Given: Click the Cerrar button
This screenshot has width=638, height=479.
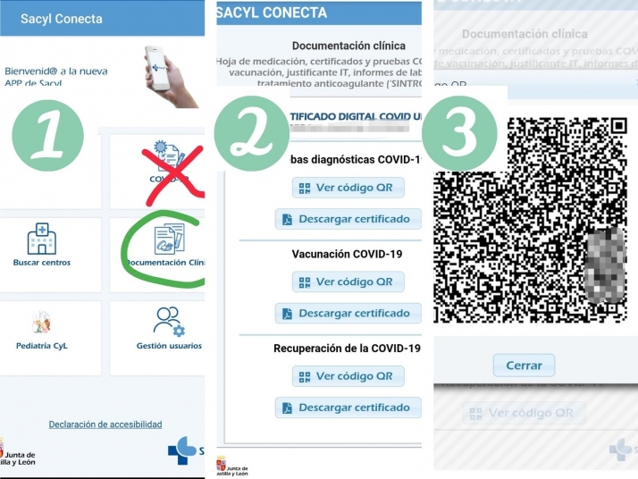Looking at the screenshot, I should tap(524, 366).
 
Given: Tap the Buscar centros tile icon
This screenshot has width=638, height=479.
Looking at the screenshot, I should tap(41, 239).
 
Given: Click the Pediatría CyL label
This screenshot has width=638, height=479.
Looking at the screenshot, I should tap(42, 346).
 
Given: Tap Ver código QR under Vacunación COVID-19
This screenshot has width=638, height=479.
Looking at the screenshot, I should tap(348, 282).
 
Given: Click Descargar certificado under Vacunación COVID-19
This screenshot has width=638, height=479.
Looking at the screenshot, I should tap(348, 314).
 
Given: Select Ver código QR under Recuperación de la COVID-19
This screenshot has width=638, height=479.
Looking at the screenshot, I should tap(348, 376).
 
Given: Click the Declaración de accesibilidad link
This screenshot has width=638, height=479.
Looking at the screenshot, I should tap(105, 424).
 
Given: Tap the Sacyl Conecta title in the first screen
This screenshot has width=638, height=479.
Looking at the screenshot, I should tap(61, 19).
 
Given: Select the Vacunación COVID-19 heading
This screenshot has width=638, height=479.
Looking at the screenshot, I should tap(347, 254).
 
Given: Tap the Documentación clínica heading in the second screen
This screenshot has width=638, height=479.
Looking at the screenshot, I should tap(348, 46).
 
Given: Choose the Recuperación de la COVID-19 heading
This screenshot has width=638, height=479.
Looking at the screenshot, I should tap(347, 348).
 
